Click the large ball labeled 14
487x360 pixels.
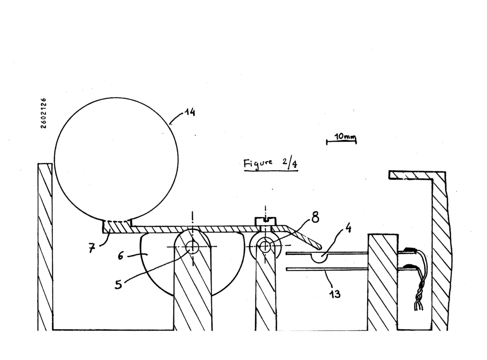pyautogui.click(x=116, y=160)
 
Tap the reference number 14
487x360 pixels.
pyautogui.click(x=190, y=112)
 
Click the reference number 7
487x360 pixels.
pyautogui.click(x=91, y=248)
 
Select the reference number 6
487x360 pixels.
pyautogui.click(x=121, y=256)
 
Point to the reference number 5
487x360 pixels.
pyautogui.click(x=118, y=284)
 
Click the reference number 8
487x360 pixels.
pyautogui.click(x=315, y=217)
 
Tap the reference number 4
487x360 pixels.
pyautogui.click(x=348, y=228)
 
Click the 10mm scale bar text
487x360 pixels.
pyautogui.click(x=345, y=136)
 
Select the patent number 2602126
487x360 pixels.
pyautogui.click(x=43, y=113)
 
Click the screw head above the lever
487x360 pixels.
pyautogui.click(x=265, y=222)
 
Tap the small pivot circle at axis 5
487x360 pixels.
pyautogui.click(x=192, y=247)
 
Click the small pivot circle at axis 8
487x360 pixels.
pyautogui.click(x=265, y=247)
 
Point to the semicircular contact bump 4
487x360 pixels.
pyautogui.click(x=320, y=258)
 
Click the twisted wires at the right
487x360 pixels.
pyautogui.click(x=419, y=280)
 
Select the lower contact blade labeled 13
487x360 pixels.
pyautogui.click(x=327, y=269)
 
